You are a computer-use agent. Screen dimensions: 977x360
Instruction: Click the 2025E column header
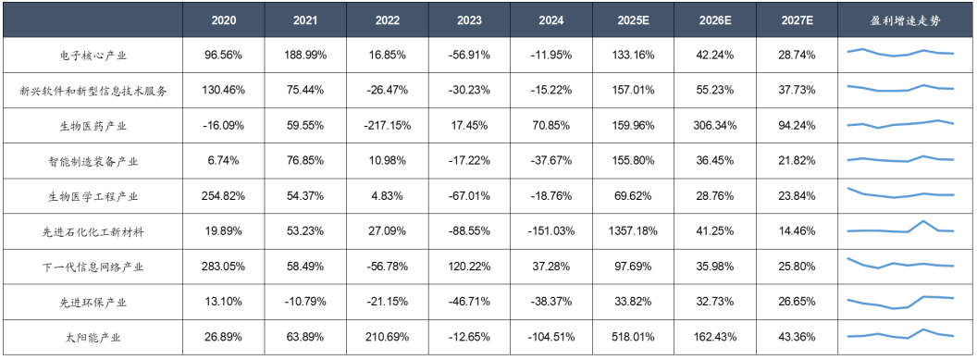coord(633,20)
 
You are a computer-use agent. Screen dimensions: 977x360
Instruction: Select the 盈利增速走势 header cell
coord(906,20)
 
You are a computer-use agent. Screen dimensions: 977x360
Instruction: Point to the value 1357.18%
coord(633,231)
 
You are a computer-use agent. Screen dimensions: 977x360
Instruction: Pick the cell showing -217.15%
coord(388,126)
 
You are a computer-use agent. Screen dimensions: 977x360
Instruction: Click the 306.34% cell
coord(714,126)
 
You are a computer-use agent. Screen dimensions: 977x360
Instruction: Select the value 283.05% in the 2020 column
coord(224,267)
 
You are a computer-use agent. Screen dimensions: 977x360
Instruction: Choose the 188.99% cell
coord(306,55)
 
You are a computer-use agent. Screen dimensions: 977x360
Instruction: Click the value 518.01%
coord(633,338)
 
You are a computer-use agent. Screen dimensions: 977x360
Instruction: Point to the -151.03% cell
coord(551,231)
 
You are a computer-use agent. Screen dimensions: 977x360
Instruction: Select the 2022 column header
coord(388,20)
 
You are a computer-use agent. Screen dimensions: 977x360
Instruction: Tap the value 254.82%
coord(224,196)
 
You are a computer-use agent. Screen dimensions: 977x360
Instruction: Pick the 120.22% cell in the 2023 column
coord(469,267)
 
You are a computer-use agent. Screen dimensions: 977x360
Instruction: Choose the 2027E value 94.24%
coord(797,126)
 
